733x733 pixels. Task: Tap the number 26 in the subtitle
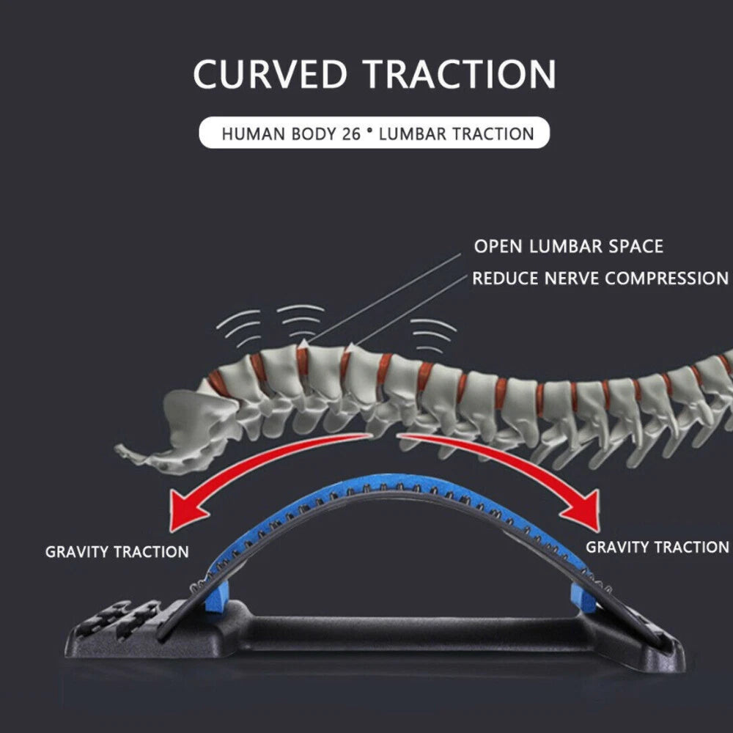click(x=351, y=134)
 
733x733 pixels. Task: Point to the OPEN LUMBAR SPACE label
click(x=568, y=246)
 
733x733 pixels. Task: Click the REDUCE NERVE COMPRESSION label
click(x=600, y=279)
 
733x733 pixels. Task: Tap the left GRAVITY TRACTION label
click(x=117, y=551)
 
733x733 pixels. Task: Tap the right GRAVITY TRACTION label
click(x=657, y=547)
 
